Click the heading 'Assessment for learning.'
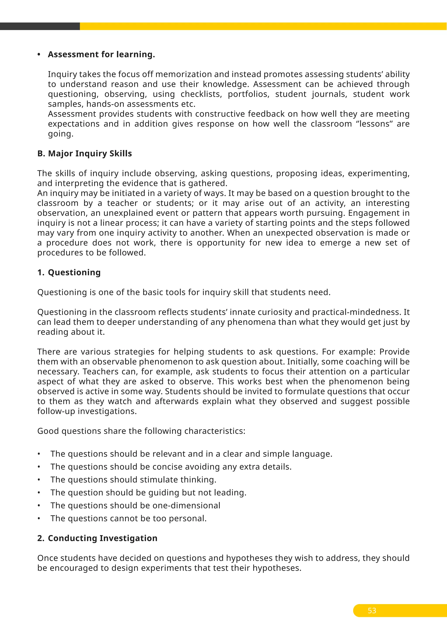tap(101, 55)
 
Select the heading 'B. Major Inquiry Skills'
tap(84, 154)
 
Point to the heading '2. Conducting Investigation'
tap(97, 538)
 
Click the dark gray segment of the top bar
tap(40, 26)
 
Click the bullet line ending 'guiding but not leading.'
tap(148, 493)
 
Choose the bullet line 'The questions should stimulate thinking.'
tap(133, 479)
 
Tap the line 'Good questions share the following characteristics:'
tap(141, 431)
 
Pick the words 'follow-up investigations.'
tap(87, 411)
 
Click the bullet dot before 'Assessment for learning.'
tap(39, 55)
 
